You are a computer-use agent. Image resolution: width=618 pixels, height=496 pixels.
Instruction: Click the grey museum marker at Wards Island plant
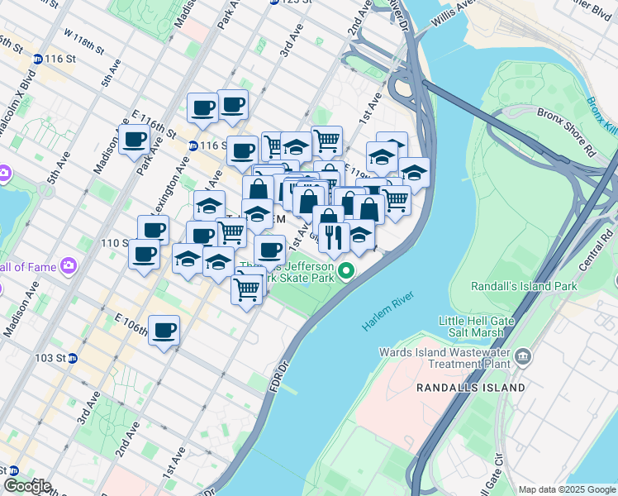tap(523, 356)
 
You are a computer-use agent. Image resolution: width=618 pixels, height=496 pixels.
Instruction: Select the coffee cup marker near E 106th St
tap(164, 331)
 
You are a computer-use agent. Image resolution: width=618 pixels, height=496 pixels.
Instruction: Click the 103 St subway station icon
tap(73, 359)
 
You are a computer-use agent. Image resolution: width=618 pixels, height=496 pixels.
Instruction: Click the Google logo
tap(27, 485)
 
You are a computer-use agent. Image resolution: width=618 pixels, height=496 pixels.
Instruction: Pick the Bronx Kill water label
tap(604, 116)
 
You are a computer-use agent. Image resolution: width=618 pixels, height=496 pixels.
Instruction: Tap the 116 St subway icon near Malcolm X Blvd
tap(38, 60)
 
